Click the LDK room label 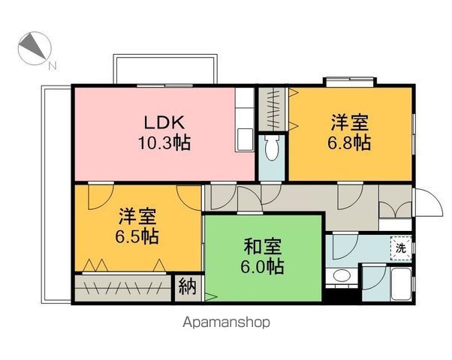click(x=164, y=122)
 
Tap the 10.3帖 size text click(x=164, y=142)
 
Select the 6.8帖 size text click(x=349, y=142)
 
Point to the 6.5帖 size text click(x=137, y=236)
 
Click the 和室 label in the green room click(x=262, y=247)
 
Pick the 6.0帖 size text click(x=262, y=267)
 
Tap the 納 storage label click(x=188, y=286)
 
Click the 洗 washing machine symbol click(x=401, y=248)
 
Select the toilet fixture click(x=271, y=148)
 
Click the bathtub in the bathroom click(x=401, y=283)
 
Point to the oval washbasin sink click(x=342, y=275)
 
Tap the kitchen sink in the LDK click(x=244, y=139)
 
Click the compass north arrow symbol click(x=35, y=48)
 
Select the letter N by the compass click(x=52, y=67)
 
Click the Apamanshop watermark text click(x=226, y=322)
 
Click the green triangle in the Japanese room click(x=210, y=297)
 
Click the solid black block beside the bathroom click(x=343, y=295)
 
